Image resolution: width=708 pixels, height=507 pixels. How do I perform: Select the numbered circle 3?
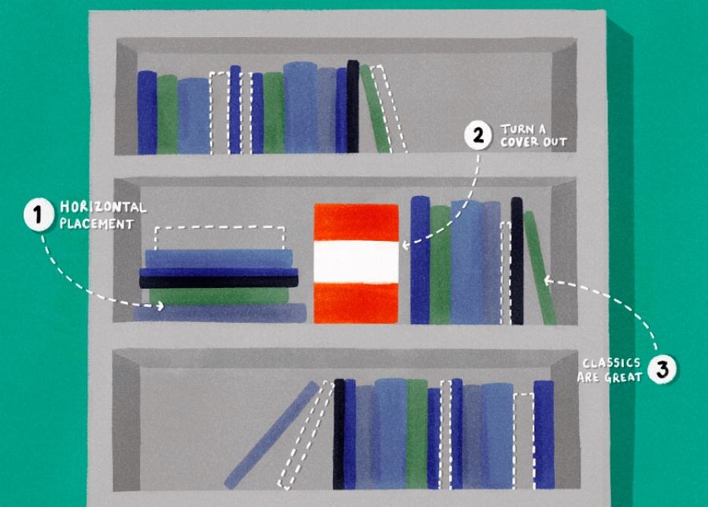pos(662,369)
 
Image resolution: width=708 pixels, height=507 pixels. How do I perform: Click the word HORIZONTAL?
pos(103,207)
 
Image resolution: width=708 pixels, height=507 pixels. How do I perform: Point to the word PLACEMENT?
pos(97,224)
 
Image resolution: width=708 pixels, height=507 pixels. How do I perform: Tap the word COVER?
pos(520,142)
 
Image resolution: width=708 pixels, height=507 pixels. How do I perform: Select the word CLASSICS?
pos(611,363)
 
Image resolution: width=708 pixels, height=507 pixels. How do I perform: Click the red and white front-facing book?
pos(356,264)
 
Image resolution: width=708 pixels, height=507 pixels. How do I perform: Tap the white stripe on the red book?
pos(356,262)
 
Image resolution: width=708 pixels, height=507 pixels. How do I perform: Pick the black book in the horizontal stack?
pos(219,282)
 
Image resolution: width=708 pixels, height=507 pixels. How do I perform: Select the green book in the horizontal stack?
pos(219,296)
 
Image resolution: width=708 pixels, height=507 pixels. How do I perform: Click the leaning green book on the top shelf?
pos(375,109)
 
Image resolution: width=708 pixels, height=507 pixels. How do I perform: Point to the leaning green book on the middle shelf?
pos(540,268)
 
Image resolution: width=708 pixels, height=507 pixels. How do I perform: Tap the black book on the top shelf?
pos(352,106)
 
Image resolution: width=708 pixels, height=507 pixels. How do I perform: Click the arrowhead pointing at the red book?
pos(405,246)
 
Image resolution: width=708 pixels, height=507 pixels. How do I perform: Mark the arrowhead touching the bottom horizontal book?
pos(160,306)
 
